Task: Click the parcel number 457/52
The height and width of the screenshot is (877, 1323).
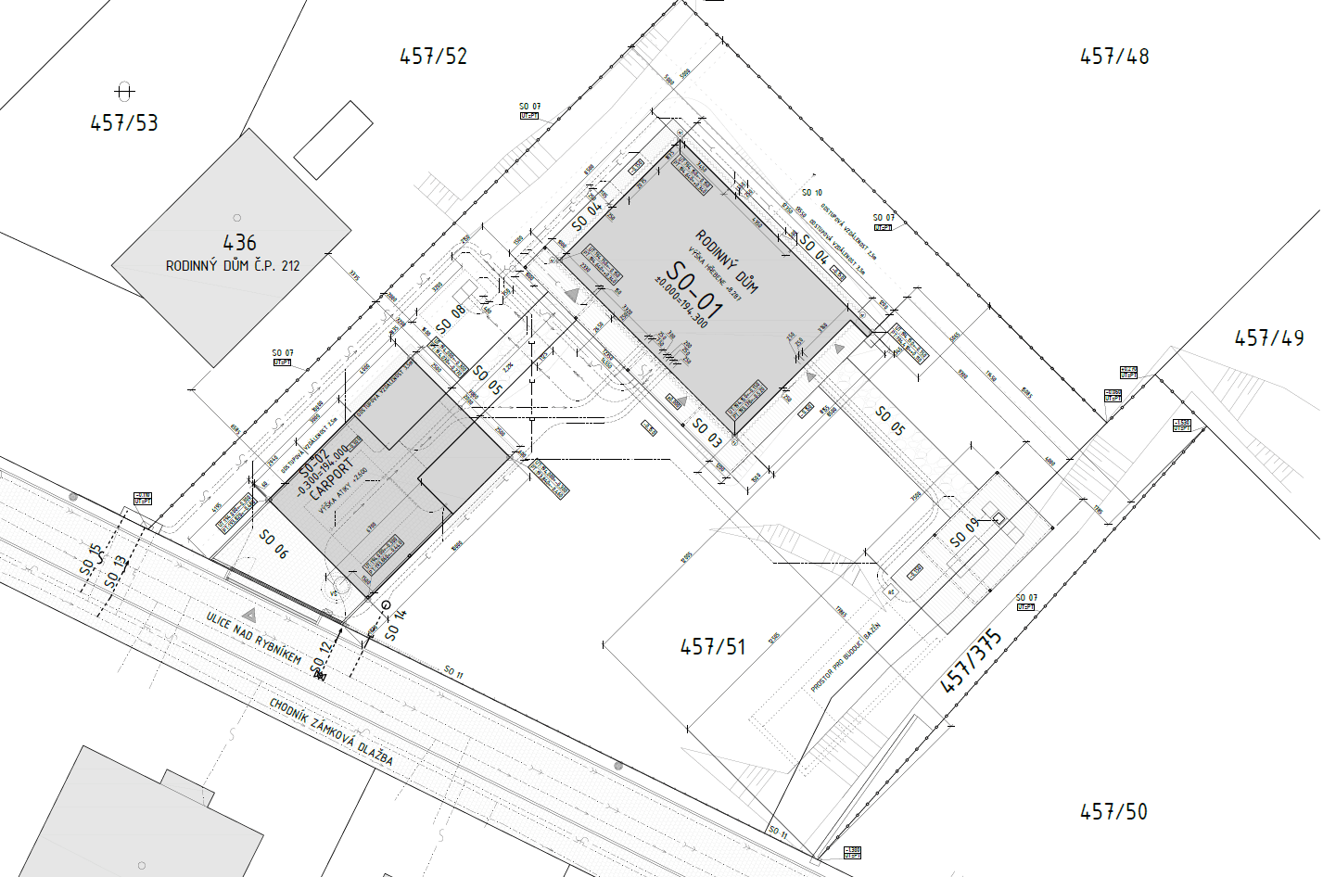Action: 433,57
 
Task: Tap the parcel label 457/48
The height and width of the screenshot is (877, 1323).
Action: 1114,57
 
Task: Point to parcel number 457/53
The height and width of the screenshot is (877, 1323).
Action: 124,122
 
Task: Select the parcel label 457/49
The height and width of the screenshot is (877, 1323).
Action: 1268,338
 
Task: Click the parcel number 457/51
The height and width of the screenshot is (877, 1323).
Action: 713,646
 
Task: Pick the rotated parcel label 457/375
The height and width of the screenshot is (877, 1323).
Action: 972,660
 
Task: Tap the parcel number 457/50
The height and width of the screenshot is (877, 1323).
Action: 1113,812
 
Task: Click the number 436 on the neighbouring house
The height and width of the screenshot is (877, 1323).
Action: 239,243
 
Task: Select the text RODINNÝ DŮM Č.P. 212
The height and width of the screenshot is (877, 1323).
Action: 233,266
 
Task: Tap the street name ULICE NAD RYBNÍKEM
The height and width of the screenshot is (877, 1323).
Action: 253,638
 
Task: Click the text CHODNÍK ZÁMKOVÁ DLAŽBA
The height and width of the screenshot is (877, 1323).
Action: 331,731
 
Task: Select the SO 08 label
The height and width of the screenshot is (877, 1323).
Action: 451,319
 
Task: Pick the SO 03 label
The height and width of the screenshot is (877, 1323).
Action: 707,432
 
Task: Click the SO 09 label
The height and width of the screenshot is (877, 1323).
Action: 964,533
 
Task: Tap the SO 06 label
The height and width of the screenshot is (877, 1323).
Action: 274,543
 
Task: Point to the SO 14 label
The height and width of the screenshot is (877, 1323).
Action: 395,626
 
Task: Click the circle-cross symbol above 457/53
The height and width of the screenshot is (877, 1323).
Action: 125,91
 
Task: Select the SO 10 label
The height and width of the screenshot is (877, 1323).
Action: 811,193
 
